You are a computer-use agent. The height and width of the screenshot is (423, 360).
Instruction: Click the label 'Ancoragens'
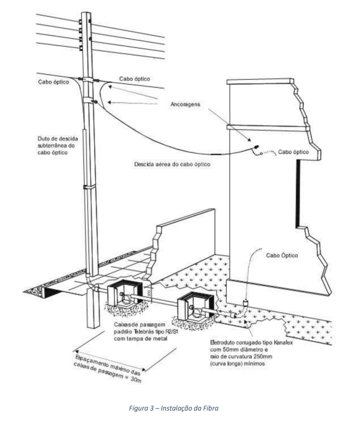[x=185, y=104]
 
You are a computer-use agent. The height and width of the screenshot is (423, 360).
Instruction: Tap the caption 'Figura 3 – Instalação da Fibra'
[x=174, y=408]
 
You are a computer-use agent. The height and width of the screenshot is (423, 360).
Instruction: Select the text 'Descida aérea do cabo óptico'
[x=173, y=164]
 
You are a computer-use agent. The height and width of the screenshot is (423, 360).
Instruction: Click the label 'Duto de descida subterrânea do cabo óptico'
[x=58, y=146]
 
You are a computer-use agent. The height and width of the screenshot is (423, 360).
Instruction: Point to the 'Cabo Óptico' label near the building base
[x=282, y=255]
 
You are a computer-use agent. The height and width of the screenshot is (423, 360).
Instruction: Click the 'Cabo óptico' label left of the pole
[x=54, y=82]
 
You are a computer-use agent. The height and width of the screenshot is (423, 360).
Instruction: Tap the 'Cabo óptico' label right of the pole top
[x=135, y=78]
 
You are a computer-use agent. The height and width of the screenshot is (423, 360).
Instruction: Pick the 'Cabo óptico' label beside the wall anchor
[x=293, y=152]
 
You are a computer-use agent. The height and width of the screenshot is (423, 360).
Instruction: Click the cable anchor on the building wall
[x=255, y=147]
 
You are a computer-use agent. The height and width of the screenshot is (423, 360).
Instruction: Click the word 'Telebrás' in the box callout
[x=144, y=331]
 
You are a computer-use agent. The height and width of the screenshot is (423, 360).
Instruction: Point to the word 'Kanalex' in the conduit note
[x=283, y=343]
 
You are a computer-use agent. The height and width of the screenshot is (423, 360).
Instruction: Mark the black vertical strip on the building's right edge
[x=298, y=193]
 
